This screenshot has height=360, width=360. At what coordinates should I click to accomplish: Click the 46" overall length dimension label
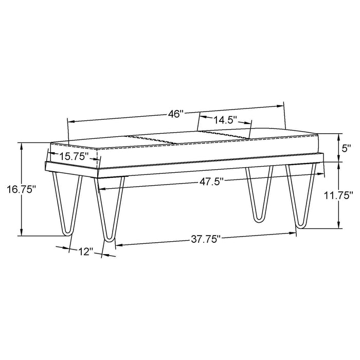(x=176, y=114)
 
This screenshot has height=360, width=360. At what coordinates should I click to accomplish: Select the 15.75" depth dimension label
(x=74, y=155)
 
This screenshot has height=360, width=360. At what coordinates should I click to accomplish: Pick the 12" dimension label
(x=85, y=252)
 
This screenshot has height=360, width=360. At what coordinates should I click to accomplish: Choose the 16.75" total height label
(x=21, y=189)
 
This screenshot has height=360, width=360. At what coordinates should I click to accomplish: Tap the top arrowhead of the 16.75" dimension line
(x=21, y=146)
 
